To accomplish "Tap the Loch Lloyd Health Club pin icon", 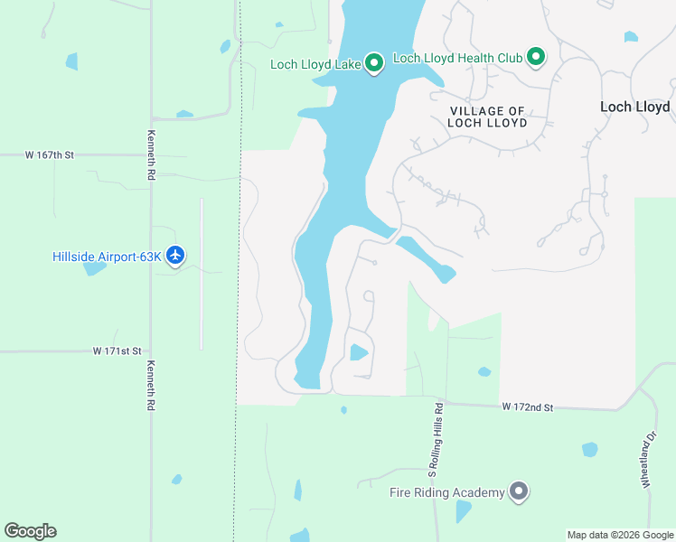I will (536, 58).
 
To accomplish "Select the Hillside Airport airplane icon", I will (175, 256).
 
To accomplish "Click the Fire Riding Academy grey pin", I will (519, 491).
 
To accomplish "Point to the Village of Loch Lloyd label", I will (488, 117).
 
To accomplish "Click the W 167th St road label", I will (50, 155).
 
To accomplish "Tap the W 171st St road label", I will (117, 350).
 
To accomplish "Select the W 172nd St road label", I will (528, 408).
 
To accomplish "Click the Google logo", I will (30, 531).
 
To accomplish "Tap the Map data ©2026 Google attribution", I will (619, 535).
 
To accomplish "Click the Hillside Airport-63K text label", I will (107, 257).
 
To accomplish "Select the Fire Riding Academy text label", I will (446, 492).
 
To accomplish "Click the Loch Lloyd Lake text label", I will (315, 64).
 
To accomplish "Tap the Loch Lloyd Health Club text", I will (458, 59).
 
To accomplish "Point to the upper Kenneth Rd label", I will (151, 154).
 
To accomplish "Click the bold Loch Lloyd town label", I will (634, 107).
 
